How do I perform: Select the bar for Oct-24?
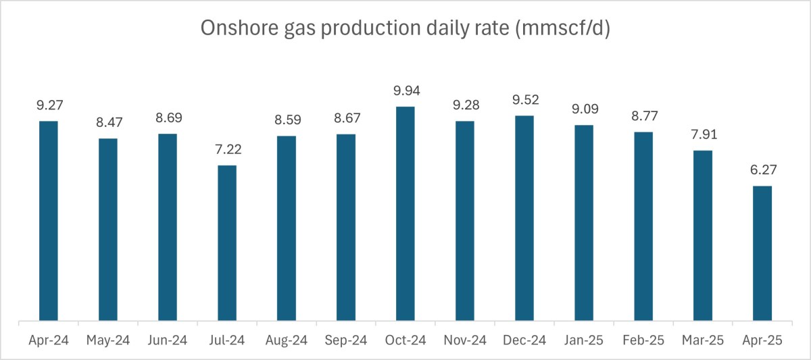click(405, 213)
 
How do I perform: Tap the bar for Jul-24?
click(227, 243)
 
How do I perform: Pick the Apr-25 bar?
click(762, 253)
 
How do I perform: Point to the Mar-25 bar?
click(703, 236)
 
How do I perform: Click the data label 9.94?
click(405, 91)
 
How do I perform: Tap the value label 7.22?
click(227, 149)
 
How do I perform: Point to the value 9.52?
click(524, 100)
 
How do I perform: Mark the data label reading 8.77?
click(643, 116)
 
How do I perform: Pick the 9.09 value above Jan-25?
click(584, 109)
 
